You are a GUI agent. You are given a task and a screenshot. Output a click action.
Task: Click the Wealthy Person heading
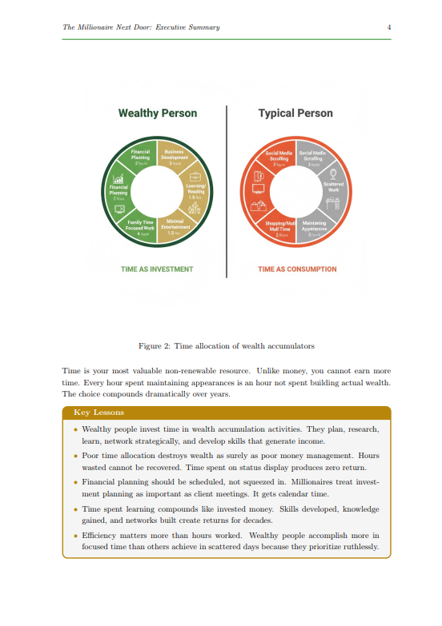(157, 114)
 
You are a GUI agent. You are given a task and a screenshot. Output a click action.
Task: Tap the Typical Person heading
(295, 114)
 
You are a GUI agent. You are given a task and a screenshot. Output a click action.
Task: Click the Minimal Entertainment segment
(175, 227)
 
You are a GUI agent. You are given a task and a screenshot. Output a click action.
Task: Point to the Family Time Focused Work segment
(140, 227)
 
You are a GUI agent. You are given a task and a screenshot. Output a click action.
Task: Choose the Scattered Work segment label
(333, 187)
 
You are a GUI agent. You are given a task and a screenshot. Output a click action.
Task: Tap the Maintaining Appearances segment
(315, 227)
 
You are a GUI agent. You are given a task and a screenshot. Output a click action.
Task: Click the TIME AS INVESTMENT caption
(157, 269)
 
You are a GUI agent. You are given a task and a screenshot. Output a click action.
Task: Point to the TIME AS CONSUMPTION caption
(297, 269)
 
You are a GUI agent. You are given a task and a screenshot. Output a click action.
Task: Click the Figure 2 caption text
(227, 346)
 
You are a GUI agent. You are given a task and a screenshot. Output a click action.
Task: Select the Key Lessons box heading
(98, 413)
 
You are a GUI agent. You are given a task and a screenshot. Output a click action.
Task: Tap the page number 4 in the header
(388, 27)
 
